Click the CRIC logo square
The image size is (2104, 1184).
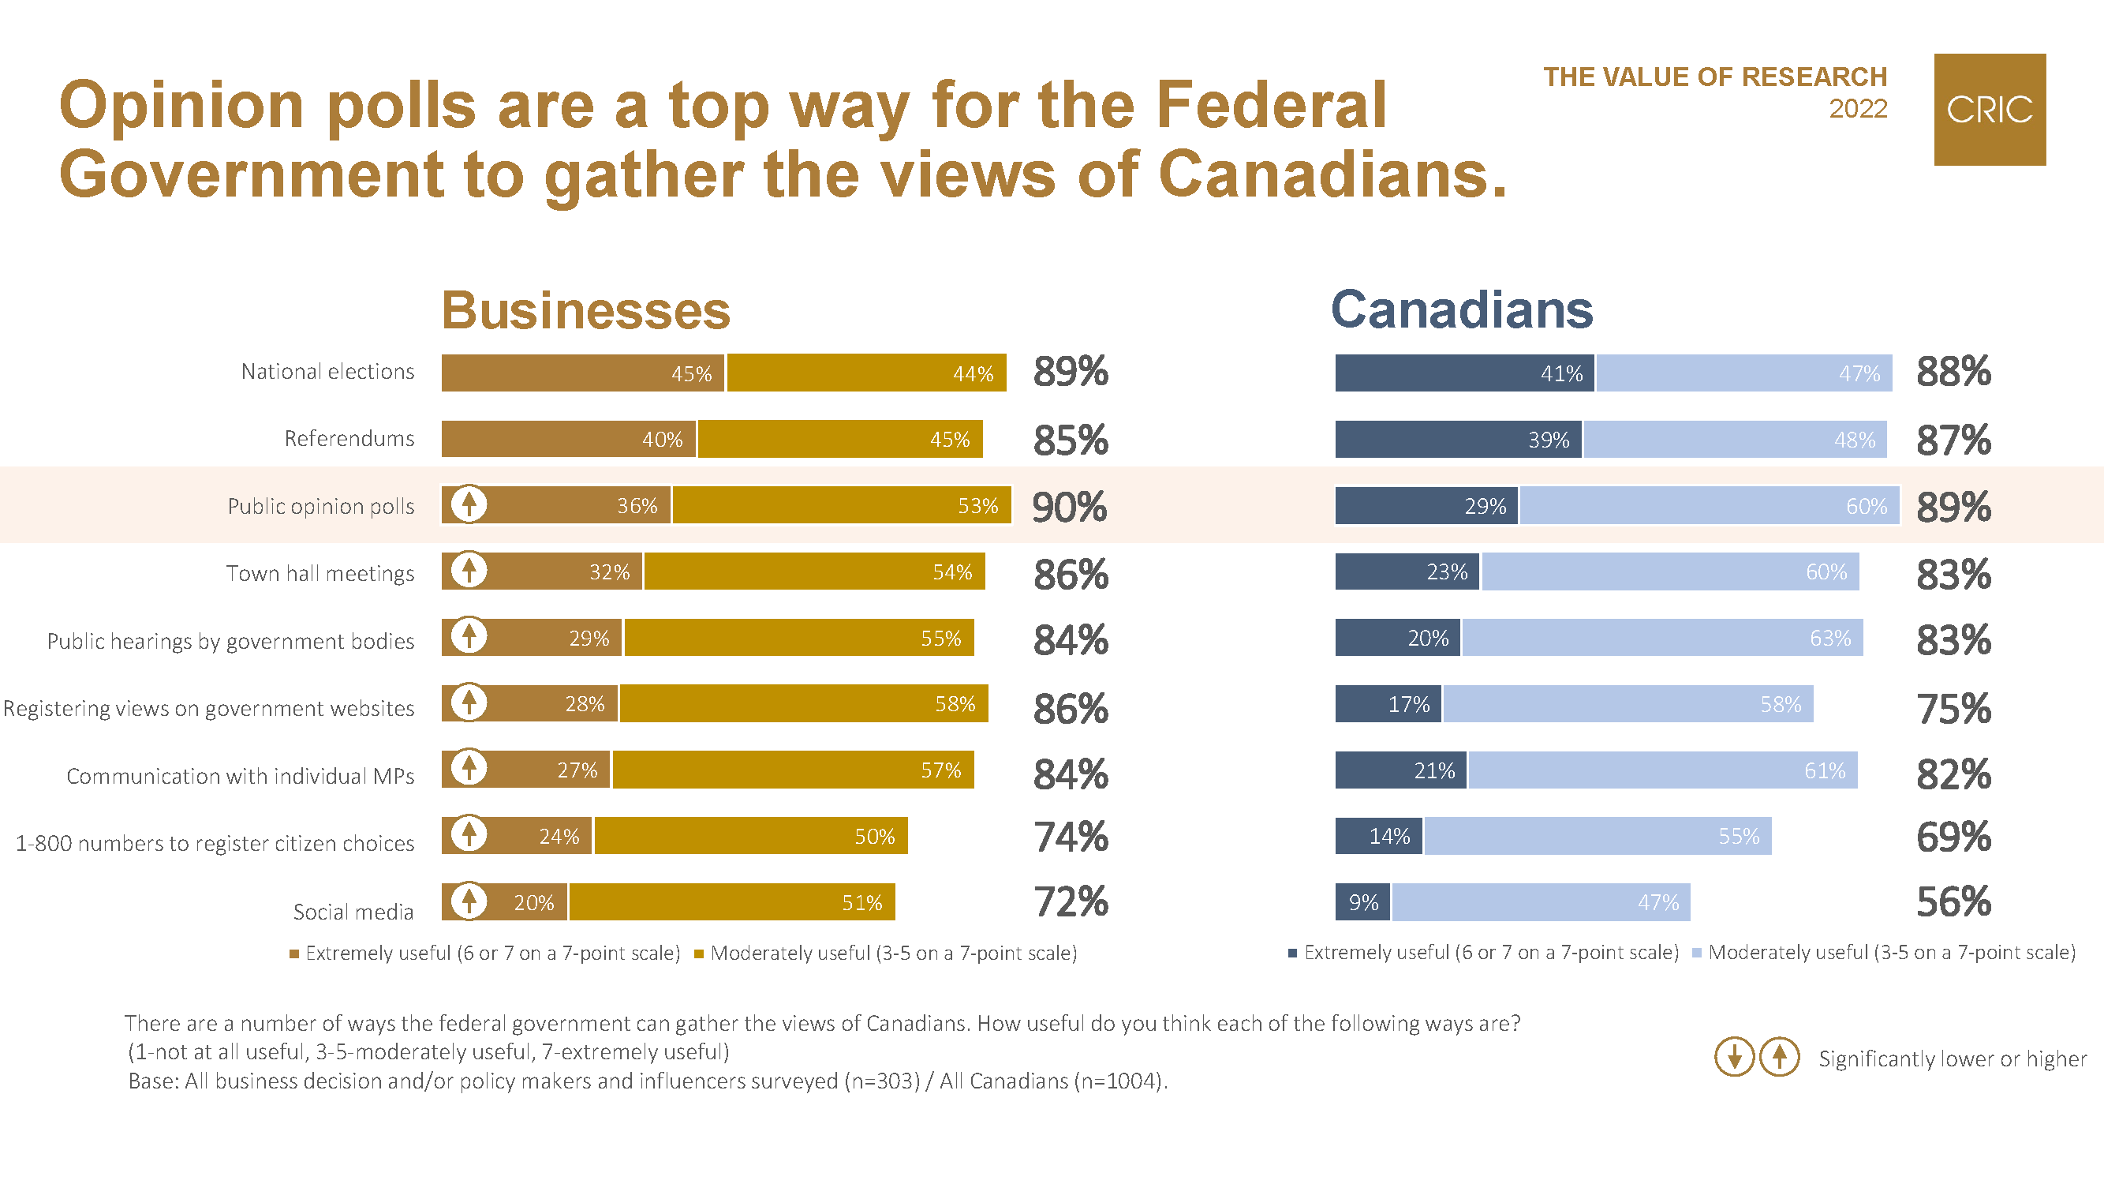1989,110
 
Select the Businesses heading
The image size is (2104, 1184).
585,310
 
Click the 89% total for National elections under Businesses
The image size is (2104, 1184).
1070,372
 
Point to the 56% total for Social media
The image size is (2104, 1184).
1953,902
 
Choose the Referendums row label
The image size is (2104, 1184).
349,439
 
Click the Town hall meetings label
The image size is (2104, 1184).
320,574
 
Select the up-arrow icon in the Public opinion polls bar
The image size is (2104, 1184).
469,504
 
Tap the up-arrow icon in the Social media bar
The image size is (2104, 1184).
469,901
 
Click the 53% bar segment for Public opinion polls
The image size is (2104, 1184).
841,505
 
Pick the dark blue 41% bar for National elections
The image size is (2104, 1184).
1463,373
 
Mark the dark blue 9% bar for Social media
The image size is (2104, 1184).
1362,902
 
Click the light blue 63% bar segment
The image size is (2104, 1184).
1662,637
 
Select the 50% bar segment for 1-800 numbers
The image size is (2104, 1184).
750,836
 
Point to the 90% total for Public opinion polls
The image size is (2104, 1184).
1069,508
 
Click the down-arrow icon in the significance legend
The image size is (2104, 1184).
1734,1058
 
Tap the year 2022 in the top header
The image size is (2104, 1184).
1857,109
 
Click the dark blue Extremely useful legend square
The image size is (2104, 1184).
1292,953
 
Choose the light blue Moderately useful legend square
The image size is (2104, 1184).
1696,953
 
